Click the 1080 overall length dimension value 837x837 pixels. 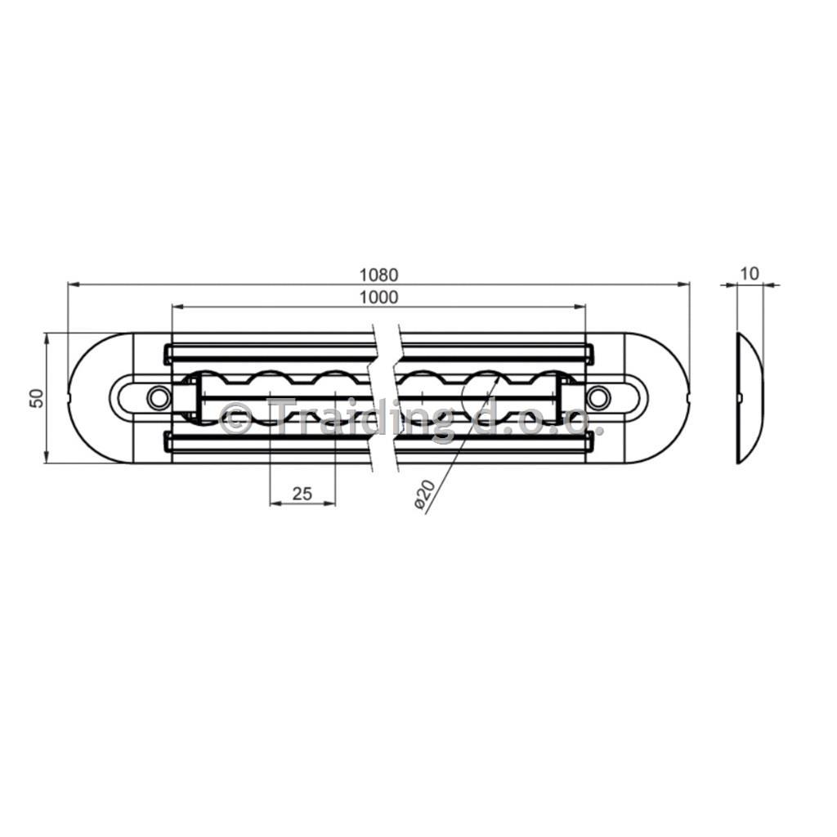[x=378, y=275]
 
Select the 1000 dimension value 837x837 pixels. [x=378, y=298]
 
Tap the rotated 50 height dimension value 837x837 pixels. [x=36, y=398]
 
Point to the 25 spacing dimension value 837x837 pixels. [x=302, y=494]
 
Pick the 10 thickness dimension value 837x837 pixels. [x=750, y=274]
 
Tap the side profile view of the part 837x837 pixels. [x=750, y=398]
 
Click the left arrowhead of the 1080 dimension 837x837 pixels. [x=74, y=284]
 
